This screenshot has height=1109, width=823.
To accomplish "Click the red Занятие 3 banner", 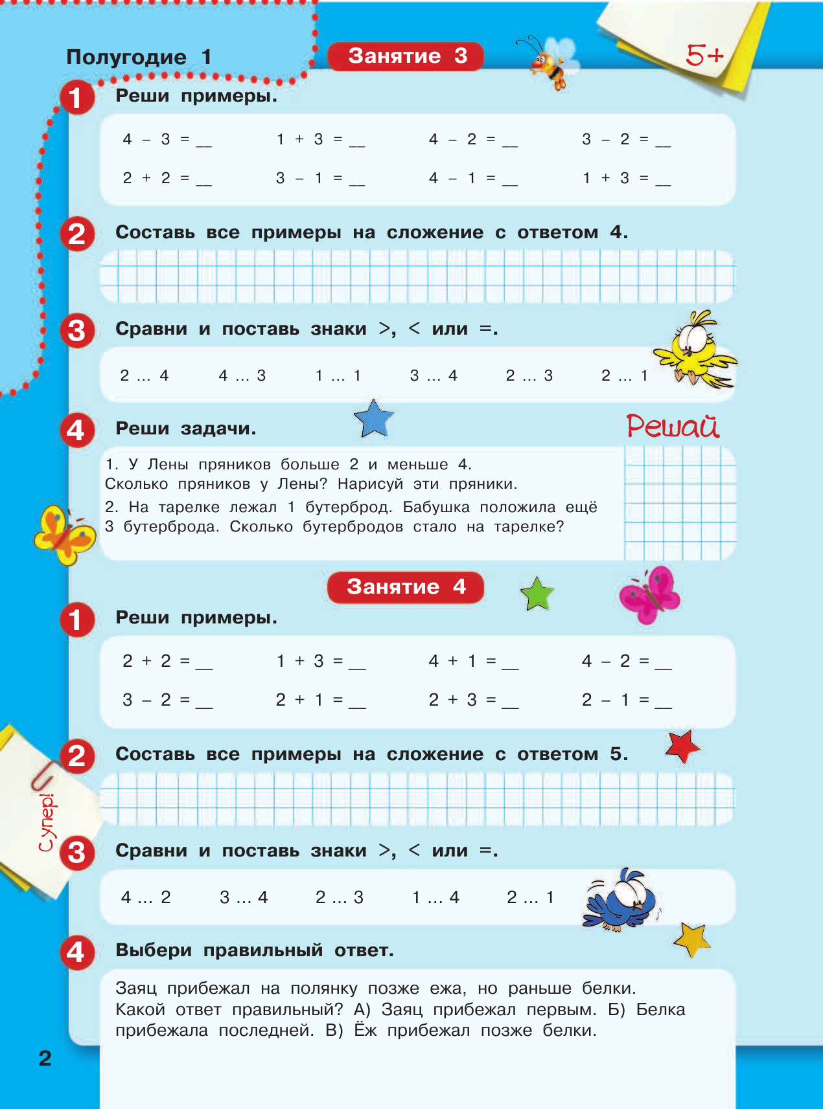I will click(x=406, y=56).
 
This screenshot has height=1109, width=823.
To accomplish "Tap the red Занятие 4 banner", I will click(x=406, y=587).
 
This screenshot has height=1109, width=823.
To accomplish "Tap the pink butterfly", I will click(x=649, y=594).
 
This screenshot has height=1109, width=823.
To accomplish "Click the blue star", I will click(x=374, y=418).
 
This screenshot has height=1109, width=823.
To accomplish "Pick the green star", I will click(x=537, y=594).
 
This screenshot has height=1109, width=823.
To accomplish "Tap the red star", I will click(x=682, y=746).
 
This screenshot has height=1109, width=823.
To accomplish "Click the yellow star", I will click(x=692, y=939).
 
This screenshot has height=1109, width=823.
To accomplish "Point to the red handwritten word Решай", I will click(x=673, y=427).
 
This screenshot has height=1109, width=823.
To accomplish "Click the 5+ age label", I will click(x=704, y=56).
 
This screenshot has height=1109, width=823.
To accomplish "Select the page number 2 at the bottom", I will click(x=45, y=1058).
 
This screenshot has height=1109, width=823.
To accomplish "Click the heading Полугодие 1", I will click(x=139, y=57).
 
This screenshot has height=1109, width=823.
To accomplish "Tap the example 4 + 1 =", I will click(x=473, y=662).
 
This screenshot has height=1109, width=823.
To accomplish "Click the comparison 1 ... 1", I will click(x=338, y=375).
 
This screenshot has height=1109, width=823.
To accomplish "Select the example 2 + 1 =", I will click(x=320, y=700).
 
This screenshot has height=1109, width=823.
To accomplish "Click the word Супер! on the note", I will click(x=47, y=822).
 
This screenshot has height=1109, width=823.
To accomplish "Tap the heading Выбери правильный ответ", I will click(x=254, y=950).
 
